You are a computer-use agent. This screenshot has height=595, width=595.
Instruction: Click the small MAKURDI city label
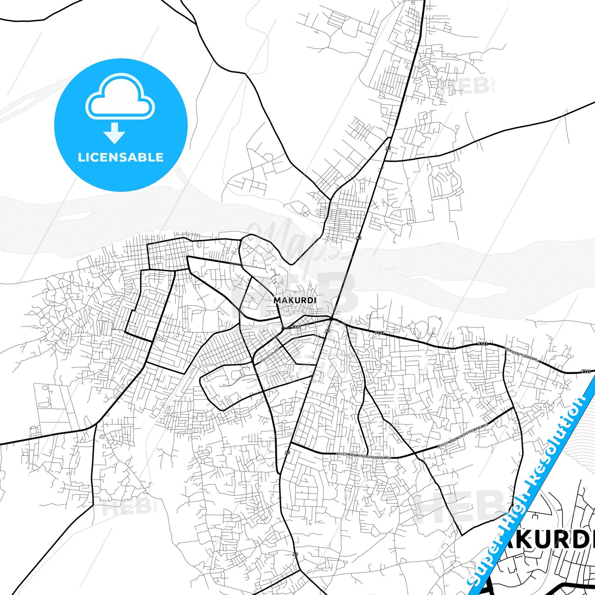click(x=295, y=300)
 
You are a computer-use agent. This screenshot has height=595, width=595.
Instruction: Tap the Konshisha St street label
click(x=270, y=355)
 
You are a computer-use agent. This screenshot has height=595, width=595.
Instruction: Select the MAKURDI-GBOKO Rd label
click(x=522, y=355)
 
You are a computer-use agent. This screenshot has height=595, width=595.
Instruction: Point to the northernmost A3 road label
click(x=388, y=148)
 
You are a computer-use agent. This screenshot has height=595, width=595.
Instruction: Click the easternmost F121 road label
click(x=586, y=371)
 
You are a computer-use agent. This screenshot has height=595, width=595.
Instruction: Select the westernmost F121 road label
click(x=296, y=327)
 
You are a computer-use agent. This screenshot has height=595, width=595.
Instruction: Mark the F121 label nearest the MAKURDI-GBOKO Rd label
click(x=483, y=344)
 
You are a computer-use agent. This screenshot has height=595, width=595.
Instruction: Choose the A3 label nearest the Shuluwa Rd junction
click(x=287, y=453)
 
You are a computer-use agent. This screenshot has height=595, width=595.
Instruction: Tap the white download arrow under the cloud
click(x=114, y=133)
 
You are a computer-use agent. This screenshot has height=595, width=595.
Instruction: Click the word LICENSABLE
click(x=121, y=157)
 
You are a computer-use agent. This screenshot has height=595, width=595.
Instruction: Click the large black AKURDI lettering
click(x=548, y=539)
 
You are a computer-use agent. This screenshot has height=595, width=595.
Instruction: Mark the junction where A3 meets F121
click(x=332, y=319)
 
